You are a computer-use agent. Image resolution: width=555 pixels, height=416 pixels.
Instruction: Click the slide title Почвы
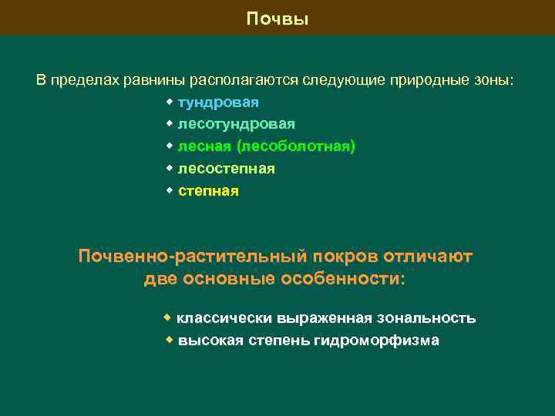pos(277,19)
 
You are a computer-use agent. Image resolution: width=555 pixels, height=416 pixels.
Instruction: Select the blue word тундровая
pos(218,102)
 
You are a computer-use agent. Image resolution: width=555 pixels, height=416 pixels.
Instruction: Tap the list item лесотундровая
pos(236,124)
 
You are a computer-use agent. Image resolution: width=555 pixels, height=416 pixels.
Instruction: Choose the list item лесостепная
pos(226,169)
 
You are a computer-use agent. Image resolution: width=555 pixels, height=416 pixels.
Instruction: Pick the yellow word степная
pos(208,191)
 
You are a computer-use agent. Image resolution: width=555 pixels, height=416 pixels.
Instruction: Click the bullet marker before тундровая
pos(170,102)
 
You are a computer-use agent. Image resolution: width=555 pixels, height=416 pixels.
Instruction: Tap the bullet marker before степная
pos(170,190)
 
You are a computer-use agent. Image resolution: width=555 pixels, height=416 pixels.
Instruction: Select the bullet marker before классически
pos(167,317)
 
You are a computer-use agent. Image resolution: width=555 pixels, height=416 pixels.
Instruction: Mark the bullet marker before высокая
pos(170,340)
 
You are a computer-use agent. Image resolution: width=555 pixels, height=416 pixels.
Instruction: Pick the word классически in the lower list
pos(221,318)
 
